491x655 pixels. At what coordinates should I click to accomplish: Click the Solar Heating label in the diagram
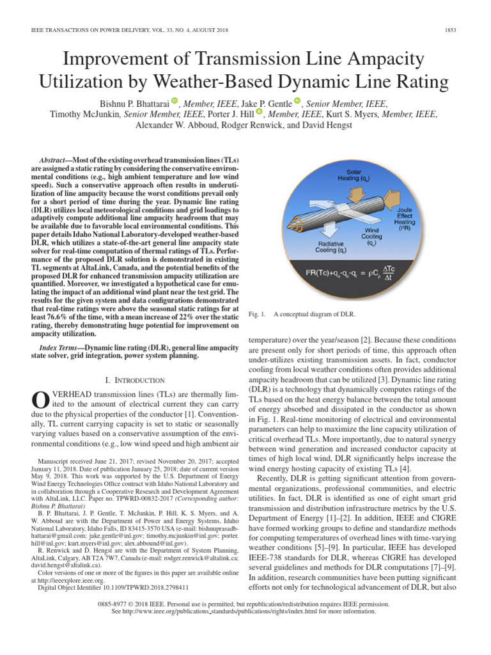[354, 175]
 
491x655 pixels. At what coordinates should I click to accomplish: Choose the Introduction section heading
[136, 380]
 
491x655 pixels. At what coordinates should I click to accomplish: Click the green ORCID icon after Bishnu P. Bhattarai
[175, 101]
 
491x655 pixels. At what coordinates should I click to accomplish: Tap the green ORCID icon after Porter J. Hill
[259, 112]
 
